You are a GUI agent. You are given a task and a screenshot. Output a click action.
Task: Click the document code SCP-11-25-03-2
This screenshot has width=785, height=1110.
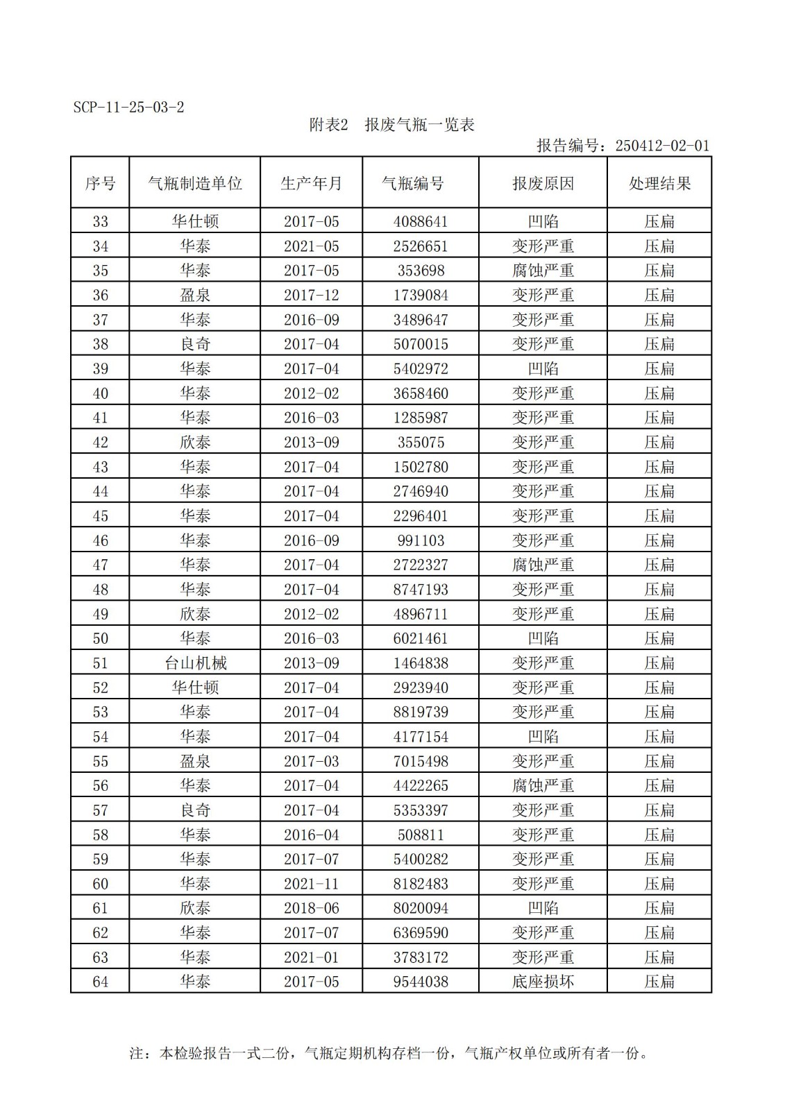128,108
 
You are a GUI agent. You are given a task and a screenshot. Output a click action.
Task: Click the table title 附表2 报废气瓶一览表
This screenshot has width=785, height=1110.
391,125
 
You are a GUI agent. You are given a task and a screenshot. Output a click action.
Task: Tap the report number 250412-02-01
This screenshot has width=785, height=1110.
662,146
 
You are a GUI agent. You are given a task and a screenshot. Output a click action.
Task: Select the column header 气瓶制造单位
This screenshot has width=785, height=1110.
195,183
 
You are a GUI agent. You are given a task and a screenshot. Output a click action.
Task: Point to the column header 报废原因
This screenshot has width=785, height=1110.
543,183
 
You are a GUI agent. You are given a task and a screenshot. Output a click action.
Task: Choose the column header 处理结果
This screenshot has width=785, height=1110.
659,183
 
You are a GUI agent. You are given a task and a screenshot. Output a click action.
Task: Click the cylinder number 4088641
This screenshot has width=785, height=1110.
421,221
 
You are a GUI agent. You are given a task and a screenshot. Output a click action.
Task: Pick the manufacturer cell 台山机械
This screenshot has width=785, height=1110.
195,663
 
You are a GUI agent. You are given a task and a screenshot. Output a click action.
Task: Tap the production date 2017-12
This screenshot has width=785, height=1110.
311,295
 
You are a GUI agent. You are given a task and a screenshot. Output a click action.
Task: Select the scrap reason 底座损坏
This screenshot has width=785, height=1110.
543,982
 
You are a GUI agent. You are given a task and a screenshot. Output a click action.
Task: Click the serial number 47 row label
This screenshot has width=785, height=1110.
101,565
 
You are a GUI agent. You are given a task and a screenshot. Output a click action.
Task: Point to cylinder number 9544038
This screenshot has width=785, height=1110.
421,982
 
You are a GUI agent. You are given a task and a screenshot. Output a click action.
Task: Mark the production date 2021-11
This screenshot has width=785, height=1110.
311,884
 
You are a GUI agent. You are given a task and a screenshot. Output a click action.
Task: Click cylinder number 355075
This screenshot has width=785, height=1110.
421,442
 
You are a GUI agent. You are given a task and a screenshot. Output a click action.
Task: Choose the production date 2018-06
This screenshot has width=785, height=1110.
311,908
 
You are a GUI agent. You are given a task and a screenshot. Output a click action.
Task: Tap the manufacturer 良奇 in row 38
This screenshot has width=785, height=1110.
195,344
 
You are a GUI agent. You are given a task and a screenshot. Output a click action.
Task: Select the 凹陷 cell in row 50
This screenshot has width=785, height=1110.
543,638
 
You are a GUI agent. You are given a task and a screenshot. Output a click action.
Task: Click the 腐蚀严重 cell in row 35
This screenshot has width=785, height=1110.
543,271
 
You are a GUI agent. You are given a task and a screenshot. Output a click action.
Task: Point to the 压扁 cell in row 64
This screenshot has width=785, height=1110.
659,982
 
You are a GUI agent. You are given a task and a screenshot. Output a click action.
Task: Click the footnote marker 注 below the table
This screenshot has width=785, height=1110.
137,1053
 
